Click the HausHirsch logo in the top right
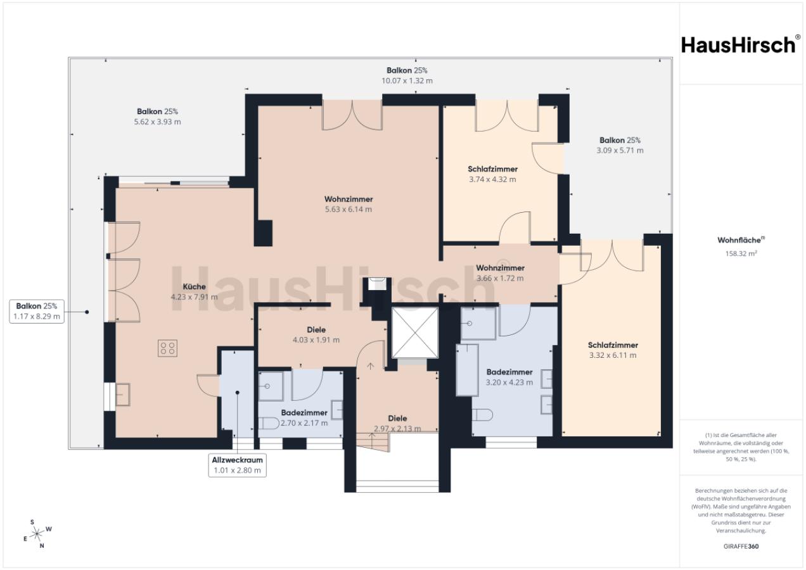739,46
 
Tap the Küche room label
195,287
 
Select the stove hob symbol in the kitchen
167,348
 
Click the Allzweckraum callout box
238,465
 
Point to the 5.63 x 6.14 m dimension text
349,209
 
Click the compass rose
37,534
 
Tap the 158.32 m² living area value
741,253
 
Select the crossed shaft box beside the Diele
415,332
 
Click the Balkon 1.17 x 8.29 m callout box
37,312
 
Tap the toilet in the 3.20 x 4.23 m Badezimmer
482,415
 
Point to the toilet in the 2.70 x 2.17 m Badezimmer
269,423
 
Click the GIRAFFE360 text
741,547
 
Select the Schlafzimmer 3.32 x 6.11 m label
613,350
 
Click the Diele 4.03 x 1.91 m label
316,335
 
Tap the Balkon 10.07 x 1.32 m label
407,75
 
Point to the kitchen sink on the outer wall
122,395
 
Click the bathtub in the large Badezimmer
468,370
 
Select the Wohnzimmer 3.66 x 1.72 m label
500,273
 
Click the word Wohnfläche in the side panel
739,240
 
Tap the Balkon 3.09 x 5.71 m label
620,145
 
